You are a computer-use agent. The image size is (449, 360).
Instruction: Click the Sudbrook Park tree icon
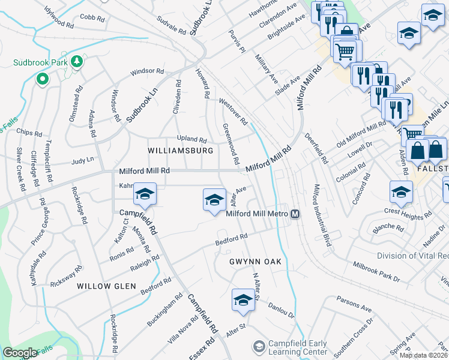77,62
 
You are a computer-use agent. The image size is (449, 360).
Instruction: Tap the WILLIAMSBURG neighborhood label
181,150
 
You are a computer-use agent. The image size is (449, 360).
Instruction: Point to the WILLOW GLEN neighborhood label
106,286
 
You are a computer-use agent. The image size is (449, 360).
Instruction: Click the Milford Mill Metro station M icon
295,214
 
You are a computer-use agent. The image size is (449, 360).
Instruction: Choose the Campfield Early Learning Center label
298,347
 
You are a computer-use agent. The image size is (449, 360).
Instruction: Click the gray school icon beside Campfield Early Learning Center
259,347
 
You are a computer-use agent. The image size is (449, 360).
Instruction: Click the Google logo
20,353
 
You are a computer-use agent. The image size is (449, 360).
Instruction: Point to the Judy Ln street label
83,161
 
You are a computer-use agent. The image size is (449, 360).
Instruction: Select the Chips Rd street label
29,132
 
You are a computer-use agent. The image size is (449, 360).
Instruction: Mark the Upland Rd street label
191,139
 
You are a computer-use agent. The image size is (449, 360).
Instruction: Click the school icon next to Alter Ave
214,200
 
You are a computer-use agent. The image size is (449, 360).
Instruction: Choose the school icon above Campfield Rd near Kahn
145,194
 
